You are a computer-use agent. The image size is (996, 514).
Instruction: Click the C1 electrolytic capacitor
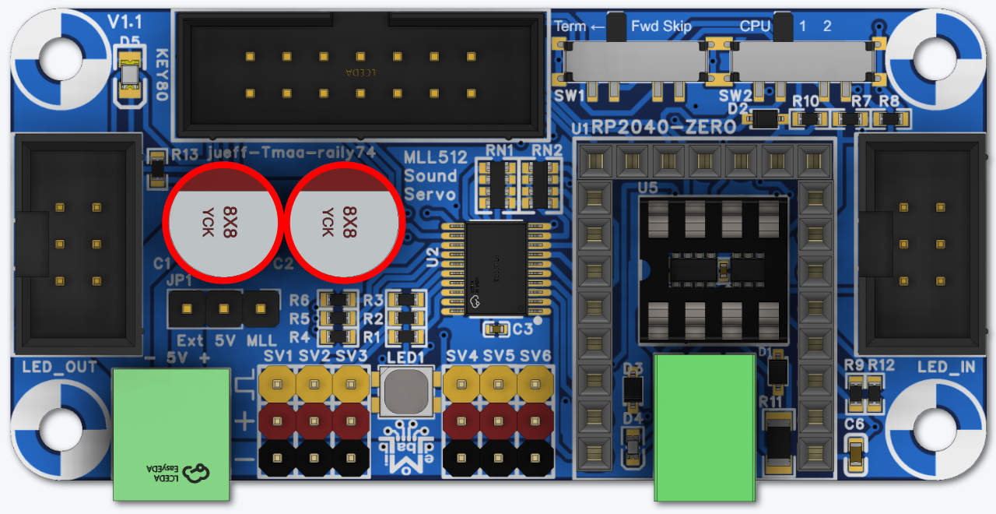coord(223,222)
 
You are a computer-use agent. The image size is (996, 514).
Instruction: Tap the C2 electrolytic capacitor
coord(344,222)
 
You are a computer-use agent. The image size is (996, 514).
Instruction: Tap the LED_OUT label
coord(60,367)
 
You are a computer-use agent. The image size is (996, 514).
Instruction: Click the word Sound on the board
coord(430,175)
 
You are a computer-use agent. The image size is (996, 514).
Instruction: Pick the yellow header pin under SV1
coord(277,384)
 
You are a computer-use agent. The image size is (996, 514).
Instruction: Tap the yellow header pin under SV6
coord(535,384)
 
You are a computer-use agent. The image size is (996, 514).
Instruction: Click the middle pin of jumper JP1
coord(224,309)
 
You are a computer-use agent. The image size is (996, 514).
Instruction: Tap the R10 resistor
coord(809,119)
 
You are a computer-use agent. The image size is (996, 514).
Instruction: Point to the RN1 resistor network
coord(498,184)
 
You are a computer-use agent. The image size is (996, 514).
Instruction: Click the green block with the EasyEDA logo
coord(171,434)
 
